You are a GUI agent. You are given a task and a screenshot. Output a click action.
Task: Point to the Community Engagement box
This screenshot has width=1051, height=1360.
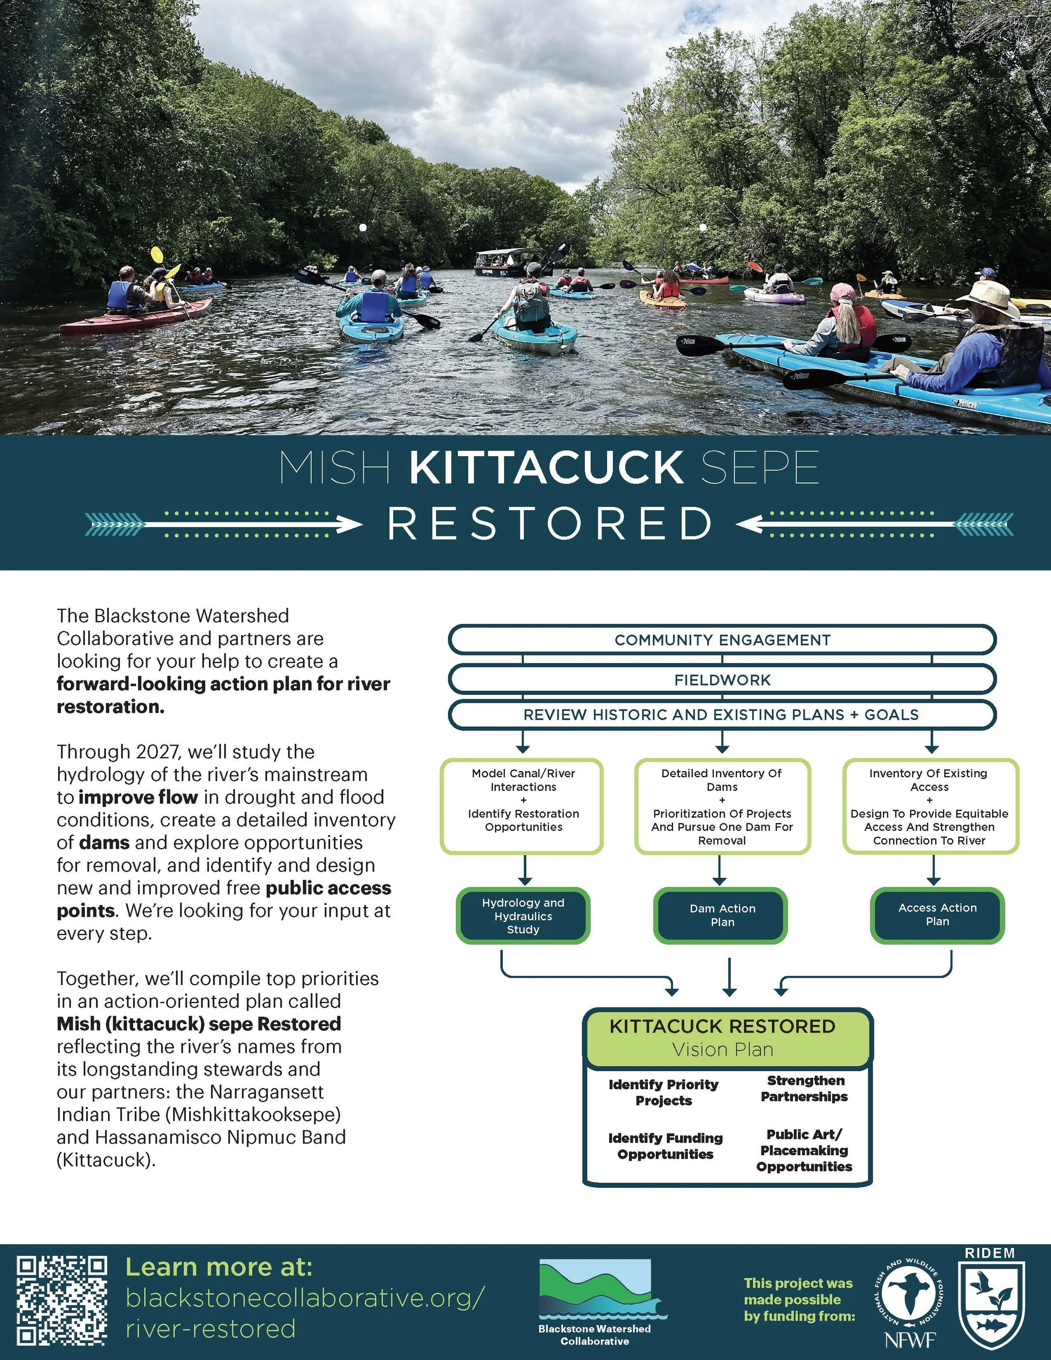tap(722, 640)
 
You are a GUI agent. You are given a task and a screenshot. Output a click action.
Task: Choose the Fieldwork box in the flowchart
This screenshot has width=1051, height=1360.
tap(722, 680)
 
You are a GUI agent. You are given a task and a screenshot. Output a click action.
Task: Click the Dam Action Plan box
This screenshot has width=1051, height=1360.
tap(721, 915)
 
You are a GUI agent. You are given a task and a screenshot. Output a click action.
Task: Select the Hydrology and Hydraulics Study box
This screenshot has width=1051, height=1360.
tap(523, 915)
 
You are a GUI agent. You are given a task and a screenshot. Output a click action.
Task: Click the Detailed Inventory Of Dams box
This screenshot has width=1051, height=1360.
tap(722, 806)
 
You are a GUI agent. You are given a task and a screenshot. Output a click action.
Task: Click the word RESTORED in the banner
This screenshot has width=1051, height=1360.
tap(550, 524)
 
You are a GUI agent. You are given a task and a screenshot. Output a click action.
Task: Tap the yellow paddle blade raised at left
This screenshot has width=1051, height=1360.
tap(156, 255)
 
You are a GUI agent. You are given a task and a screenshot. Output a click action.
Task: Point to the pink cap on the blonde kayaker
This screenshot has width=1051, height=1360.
tap(842, 291)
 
